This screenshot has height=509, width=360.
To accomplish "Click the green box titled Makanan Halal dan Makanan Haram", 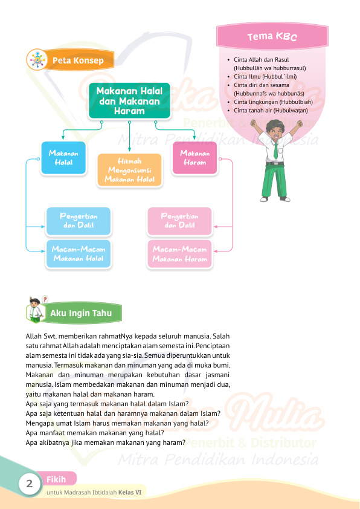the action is pyautogui.click(x=129, y=100).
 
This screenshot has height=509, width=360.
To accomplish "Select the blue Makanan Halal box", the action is pyautogui.click(x=63, y=158).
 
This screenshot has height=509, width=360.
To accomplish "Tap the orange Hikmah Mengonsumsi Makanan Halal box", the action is pyautogui.click(x=129, y=170).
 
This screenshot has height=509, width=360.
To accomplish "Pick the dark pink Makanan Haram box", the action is pyautogui.click(x=194, y=158).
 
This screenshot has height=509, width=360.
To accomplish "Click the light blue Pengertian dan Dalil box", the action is pyautogui.click(x=79, y=221).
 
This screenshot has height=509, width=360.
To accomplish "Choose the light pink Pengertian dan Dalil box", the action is pyautogui.click(x=179, y=221).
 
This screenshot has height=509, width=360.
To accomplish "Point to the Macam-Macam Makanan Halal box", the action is pyautogui.click(x=79, y=254).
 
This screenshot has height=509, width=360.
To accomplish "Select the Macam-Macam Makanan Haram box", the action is pyautogui.click(x=179, y=254).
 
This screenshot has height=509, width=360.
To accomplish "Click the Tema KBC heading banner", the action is pyautogui.click(x=272, y=36).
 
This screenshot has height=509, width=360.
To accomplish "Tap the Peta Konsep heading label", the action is pyautogui.click(x=78, y=60).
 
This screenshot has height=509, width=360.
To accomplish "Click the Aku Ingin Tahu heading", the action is pyautogui.click(x=81, y=313).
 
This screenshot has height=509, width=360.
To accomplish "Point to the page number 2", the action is pyautogui.click(x=29, y=484).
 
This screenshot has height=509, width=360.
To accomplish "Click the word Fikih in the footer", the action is pyautogui.click(x=56, y=479).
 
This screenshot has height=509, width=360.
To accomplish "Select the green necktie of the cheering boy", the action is pyautogui.click(x=275, y=151).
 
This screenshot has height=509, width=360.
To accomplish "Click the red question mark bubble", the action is pyautogui.click(x=45, y=299).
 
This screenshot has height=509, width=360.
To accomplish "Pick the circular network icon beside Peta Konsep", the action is pyautogui.click(x=37, y=60).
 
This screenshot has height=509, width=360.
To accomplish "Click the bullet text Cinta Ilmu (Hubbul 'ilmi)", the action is pyautogui.click(x=265, y=77).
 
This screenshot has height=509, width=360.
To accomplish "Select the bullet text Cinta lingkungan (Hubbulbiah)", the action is pyautogui.click(x=273, y=102).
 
